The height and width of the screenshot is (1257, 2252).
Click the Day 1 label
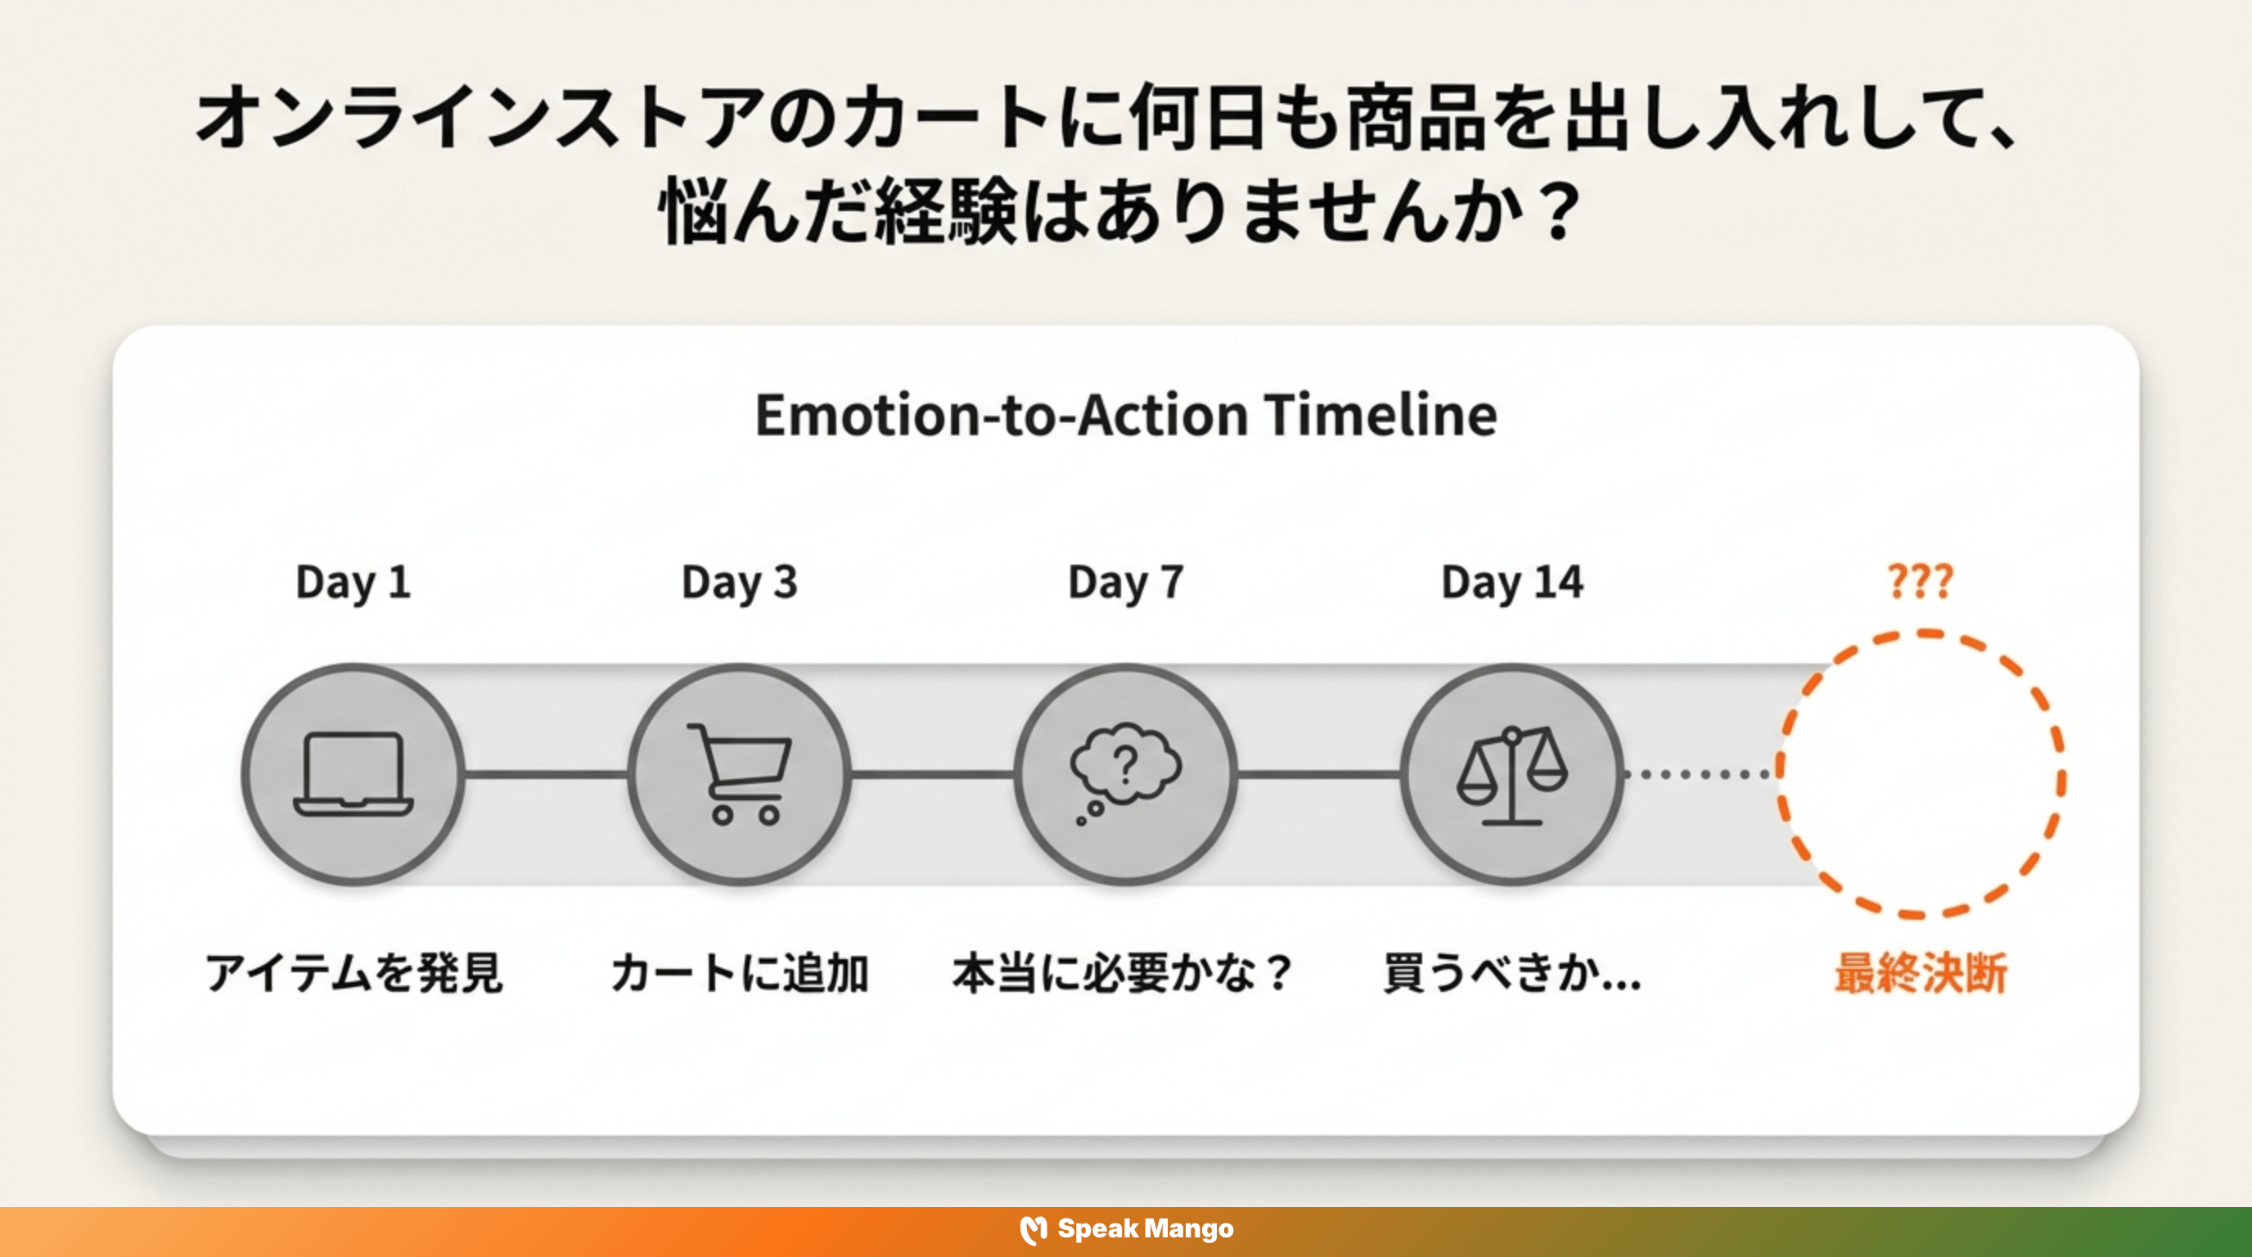point(354,582)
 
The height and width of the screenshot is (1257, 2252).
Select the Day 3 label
point(740,582)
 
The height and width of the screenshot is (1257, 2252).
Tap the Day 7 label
point(1126,582)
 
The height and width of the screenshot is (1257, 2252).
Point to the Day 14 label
point(1511,582)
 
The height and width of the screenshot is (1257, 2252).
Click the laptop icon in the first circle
point(354,774)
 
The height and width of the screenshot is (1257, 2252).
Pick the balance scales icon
point(1511,774)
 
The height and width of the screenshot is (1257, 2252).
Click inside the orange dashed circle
point(1920,774)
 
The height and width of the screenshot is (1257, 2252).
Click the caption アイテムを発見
point(354,973)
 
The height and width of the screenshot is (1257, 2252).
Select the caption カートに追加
point(740,973)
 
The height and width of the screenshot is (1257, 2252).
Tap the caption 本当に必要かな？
point(1123,973)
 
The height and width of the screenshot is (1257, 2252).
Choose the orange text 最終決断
point(1920,973)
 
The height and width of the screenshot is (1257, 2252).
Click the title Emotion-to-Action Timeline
point(1126,414)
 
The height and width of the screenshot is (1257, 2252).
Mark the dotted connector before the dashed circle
point(1700,774)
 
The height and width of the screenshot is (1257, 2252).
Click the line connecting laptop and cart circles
point(547,774)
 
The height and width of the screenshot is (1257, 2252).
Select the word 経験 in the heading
point(947,209)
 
